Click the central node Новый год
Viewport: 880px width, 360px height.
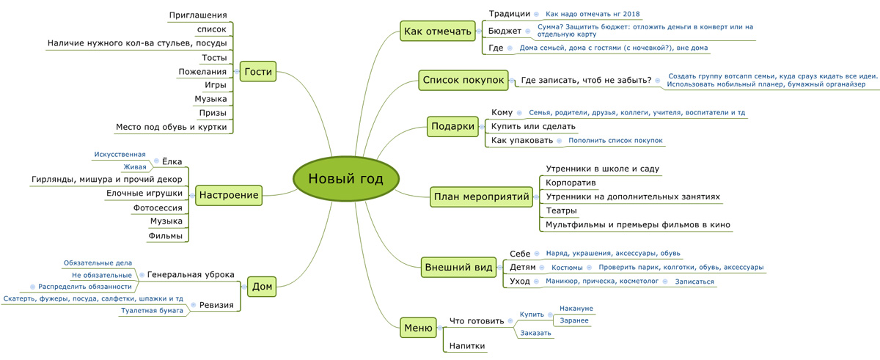coord(346,179)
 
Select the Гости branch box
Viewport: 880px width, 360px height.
coord(258,71)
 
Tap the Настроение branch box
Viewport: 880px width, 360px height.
coord(229,195)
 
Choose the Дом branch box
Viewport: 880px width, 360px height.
coord(262,287)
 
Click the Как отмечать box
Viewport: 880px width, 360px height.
coord(438,31)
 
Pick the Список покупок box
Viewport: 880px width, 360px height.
coord(463,80)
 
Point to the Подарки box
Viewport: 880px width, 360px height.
coord(452,126)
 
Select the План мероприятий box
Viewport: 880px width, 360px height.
coord(481,196)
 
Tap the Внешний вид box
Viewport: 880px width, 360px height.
coord(458,268)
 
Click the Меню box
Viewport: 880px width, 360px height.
coord(418,328)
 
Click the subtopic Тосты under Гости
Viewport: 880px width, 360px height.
coord(214,58)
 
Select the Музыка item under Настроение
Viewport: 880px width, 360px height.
coord(166,221)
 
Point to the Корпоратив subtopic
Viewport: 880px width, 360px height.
coord(571,183)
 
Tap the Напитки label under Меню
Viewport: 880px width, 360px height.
coord(467,346)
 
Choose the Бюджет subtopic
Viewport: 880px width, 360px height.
coord(505,31)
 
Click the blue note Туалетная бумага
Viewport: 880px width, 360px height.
coord(152,311)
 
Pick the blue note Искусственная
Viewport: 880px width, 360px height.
coord(120,155)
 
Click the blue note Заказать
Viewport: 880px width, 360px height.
coord(535,333)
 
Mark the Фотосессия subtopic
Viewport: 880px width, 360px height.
coord(158,207)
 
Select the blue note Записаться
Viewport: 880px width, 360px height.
coord(694,282)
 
